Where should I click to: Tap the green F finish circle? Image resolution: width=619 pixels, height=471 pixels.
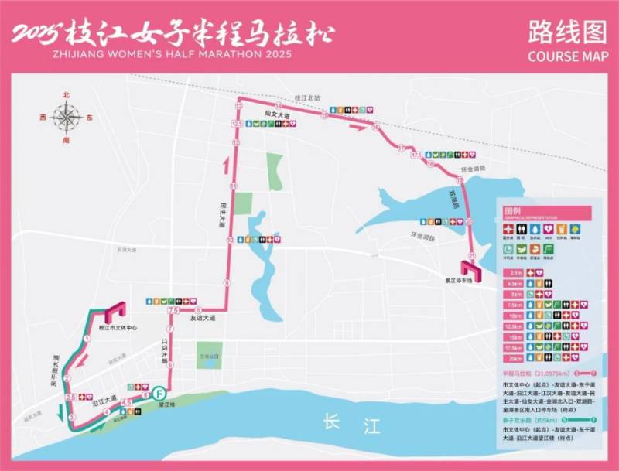(158, 391)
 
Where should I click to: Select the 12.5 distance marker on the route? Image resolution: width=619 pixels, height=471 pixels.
(236, 124)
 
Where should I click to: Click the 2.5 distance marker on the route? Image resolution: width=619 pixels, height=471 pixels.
(70, 397)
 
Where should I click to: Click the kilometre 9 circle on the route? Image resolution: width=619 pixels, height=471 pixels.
(227, 283)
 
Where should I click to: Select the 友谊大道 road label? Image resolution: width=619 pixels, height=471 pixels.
(203, 318)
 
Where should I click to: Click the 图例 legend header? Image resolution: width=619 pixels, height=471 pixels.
(513, 210)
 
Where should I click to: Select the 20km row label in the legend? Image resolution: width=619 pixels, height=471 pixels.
(514, 358)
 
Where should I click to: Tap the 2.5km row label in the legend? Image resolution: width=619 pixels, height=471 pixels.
(514, 273)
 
